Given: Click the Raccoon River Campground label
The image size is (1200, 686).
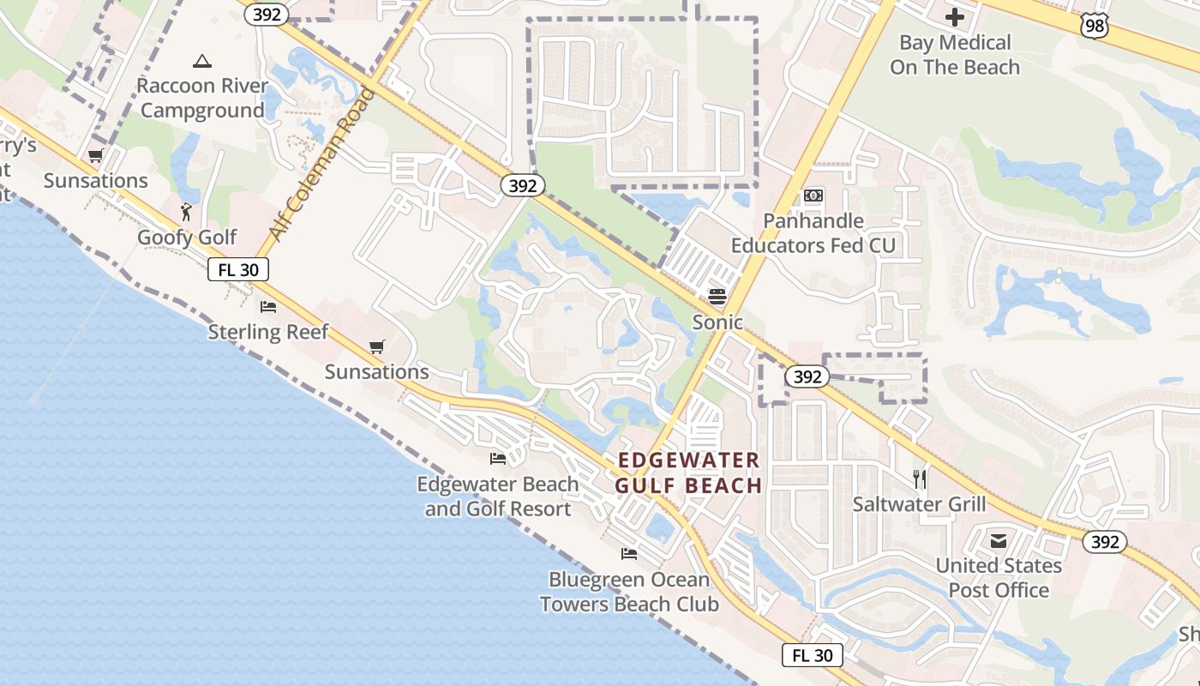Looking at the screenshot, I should [202, 99].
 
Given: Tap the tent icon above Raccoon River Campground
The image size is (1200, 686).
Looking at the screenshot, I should [202, 61].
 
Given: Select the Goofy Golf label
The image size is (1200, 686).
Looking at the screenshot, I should [187, 238].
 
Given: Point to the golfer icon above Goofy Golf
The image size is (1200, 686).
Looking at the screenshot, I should [187, 211].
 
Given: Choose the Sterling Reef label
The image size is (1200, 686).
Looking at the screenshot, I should [268, 332].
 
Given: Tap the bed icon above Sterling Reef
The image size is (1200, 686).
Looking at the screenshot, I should [268, 307].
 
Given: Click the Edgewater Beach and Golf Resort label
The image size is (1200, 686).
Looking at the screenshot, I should [498, 496].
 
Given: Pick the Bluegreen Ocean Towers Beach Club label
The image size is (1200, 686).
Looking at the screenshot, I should [629, 592].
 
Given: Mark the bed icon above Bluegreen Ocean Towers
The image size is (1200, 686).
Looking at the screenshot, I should [629, 554].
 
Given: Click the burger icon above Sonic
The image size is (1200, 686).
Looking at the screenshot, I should [717, 297].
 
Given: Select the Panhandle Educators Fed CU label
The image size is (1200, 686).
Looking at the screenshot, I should [813, 233].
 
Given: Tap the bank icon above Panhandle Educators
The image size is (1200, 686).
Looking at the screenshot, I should [813, 196].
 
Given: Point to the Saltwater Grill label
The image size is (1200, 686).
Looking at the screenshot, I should [919, 504].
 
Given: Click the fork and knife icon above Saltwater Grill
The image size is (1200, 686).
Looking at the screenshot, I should [920, 478].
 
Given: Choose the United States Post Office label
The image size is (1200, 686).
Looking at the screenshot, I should [999, 578].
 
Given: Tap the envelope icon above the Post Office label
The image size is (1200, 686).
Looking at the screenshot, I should [999, 541].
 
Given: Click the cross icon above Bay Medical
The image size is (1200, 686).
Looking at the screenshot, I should [955, 17].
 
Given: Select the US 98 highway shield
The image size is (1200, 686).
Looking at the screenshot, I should [1095, 27].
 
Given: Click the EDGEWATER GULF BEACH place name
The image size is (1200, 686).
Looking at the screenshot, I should [689, 473].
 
